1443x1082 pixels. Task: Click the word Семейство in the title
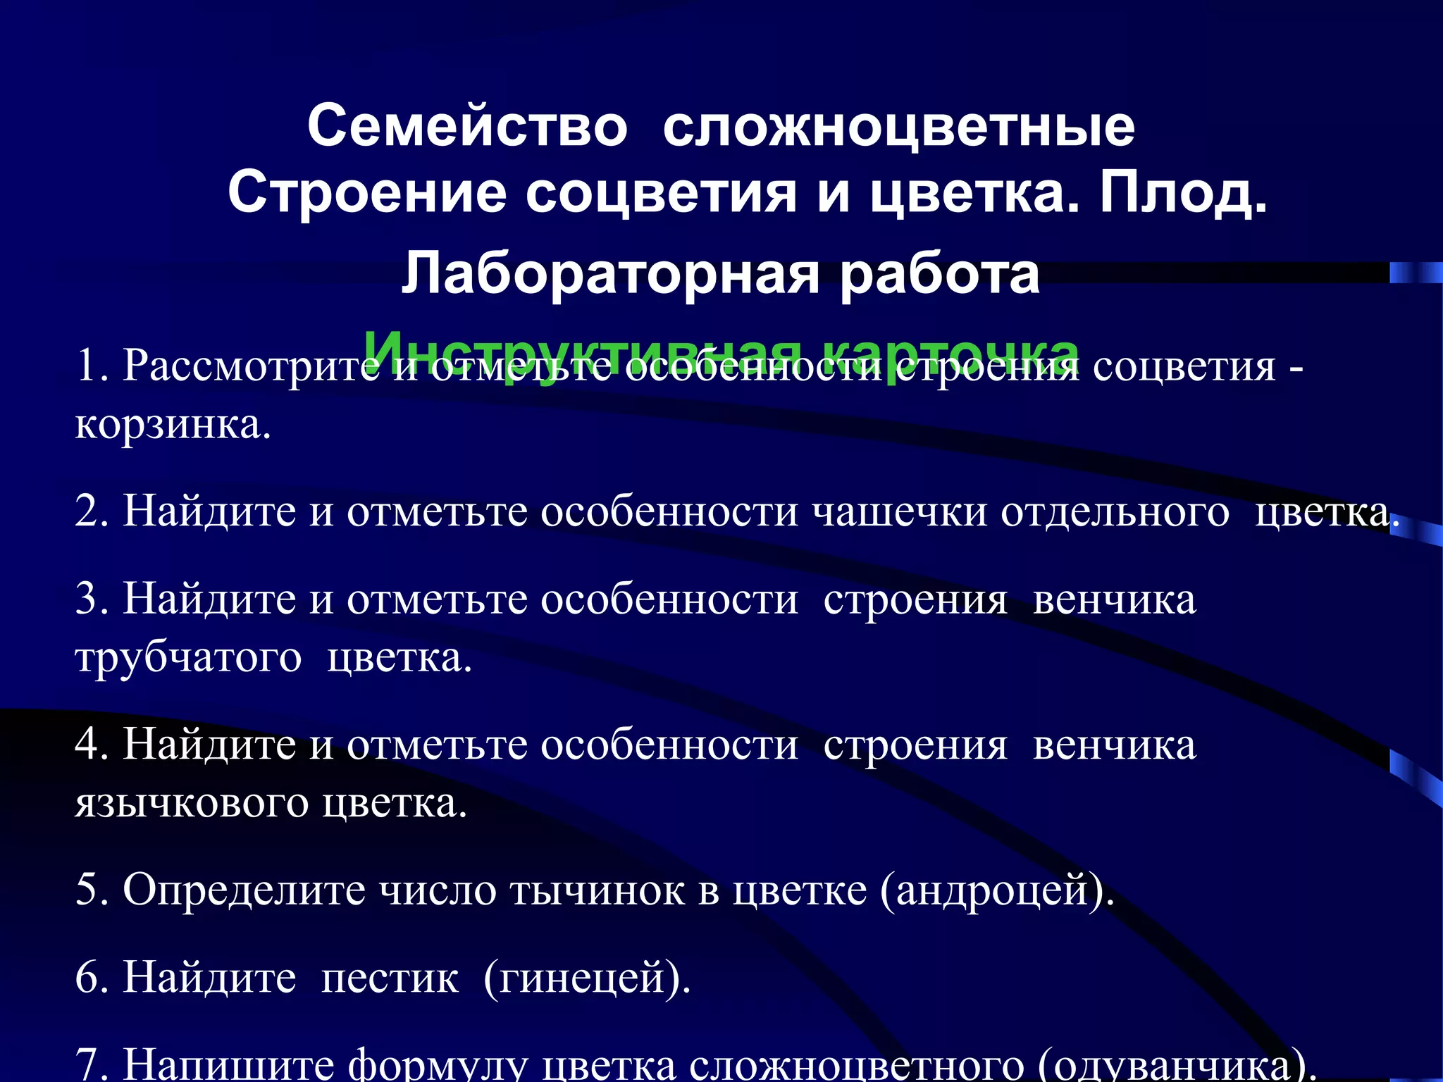(x=467, y=127)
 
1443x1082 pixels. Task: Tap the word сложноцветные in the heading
(x=898, y=127)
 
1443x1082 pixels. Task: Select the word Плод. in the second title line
(x=1184, y=193)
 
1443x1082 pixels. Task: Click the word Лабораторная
(x=610, y=275)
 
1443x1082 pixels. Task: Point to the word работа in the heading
(x=939, y=275)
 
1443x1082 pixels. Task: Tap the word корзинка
(x=173, y=425)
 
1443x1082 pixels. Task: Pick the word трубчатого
(x=188, y=659)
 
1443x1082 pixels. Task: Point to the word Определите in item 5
(x=244, y=890)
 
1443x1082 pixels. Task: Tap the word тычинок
(x=597, y=890)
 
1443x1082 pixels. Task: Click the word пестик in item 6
(x=390, y=978)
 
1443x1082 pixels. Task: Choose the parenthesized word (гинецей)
(x=587, y=978)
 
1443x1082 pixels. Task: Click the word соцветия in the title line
(x=661, y=193)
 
